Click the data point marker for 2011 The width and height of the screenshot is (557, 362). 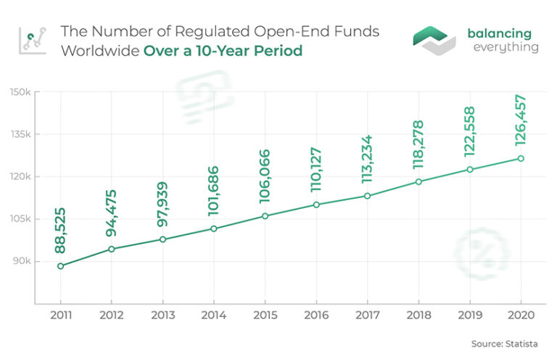click(x=60, y=266)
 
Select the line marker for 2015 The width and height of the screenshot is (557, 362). click(x=265, y=216)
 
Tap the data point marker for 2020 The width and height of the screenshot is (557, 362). click(x=521, y=159)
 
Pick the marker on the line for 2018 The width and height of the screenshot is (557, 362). click(x=418, y=181)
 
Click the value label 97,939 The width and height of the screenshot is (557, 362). click(x=162, y=202)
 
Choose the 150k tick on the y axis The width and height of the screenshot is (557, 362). click(x=20, y=92)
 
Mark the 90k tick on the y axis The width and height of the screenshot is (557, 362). click(x=21, y=261)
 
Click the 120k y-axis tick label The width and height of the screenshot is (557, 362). click(x=20, y=177)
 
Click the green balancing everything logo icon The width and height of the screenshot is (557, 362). click(x=434, y=40)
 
